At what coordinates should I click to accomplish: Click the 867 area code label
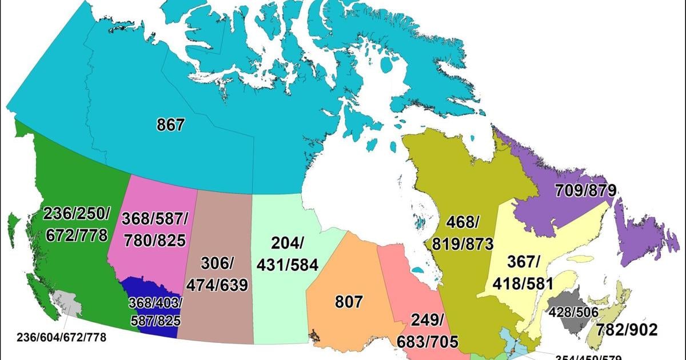coord(171,125)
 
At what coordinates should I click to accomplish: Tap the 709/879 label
coord(584,190)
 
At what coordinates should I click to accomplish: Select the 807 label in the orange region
coord(349,301)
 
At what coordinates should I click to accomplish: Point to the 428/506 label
coord(573,312)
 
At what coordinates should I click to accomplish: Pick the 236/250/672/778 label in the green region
coord(76,224)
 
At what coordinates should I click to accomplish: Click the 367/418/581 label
coord(524,272)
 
